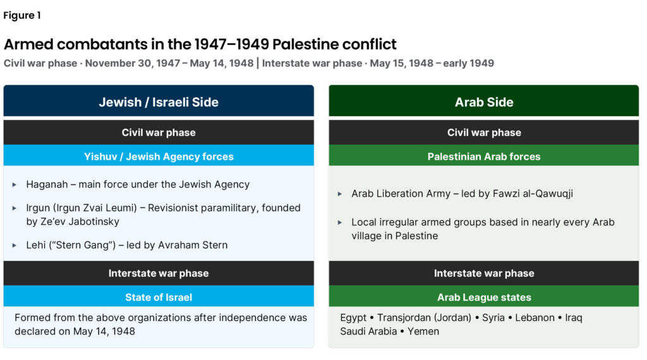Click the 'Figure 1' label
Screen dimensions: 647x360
coord(22,16)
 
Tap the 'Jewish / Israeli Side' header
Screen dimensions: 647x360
coord(159,102)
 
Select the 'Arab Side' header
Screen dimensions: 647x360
coord(484,102)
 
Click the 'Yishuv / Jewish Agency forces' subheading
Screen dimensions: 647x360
coord(159,157)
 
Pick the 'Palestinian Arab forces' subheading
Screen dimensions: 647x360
coord(484,157)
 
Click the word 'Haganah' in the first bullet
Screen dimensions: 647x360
coord(47,184)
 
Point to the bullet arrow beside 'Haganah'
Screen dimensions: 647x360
coord(15,185)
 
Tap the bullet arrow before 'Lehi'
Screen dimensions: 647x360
coord(15,245)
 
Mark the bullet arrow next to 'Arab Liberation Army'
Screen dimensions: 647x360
coord(339,194)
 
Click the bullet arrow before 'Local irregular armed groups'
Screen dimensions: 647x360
coord(339,223)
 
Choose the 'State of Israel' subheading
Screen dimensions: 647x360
coord(159,297)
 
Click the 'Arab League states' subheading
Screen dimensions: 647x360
coord(484,297)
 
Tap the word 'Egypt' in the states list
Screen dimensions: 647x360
coord(353,318)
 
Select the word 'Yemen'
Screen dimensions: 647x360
coord(423,331)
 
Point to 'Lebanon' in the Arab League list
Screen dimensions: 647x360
coord(535,318)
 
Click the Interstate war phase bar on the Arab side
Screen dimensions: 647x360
coord(483,273)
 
